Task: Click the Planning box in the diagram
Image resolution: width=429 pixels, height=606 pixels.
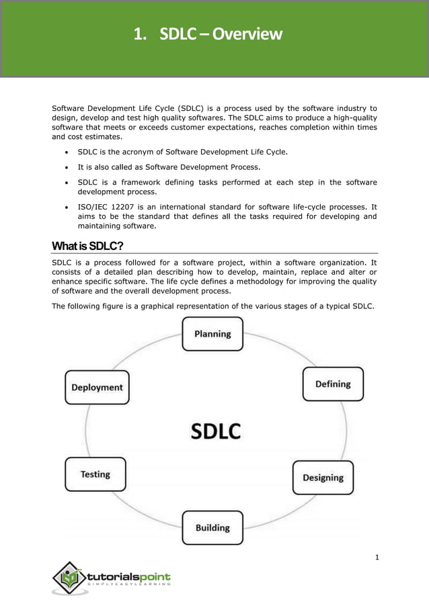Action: point(212,334)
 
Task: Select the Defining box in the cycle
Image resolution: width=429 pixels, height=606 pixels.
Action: point(333,384)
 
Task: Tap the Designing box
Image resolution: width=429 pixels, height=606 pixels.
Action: point(323,478)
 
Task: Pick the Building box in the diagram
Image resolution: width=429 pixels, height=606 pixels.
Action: point(212,528)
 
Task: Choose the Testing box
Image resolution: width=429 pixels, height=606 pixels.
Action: point(95,474)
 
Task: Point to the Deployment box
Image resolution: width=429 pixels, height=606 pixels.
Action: point(97,387)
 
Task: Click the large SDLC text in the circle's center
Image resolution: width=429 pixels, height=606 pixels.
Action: point(215,431)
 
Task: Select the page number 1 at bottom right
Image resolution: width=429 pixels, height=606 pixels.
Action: point(377,557)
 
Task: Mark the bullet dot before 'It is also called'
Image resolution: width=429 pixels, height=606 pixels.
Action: point(67,167)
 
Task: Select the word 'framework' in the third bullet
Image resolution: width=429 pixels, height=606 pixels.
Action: point(145,182)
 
